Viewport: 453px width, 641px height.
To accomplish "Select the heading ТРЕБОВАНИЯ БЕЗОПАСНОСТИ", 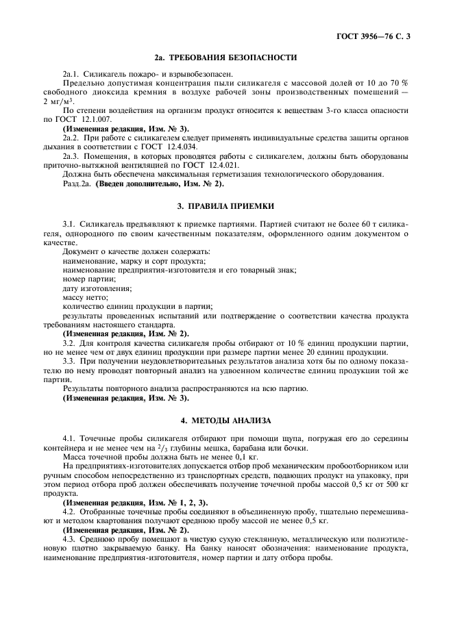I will pos(226,58).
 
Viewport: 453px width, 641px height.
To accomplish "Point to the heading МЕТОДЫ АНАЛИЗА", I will pos(226,420).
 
